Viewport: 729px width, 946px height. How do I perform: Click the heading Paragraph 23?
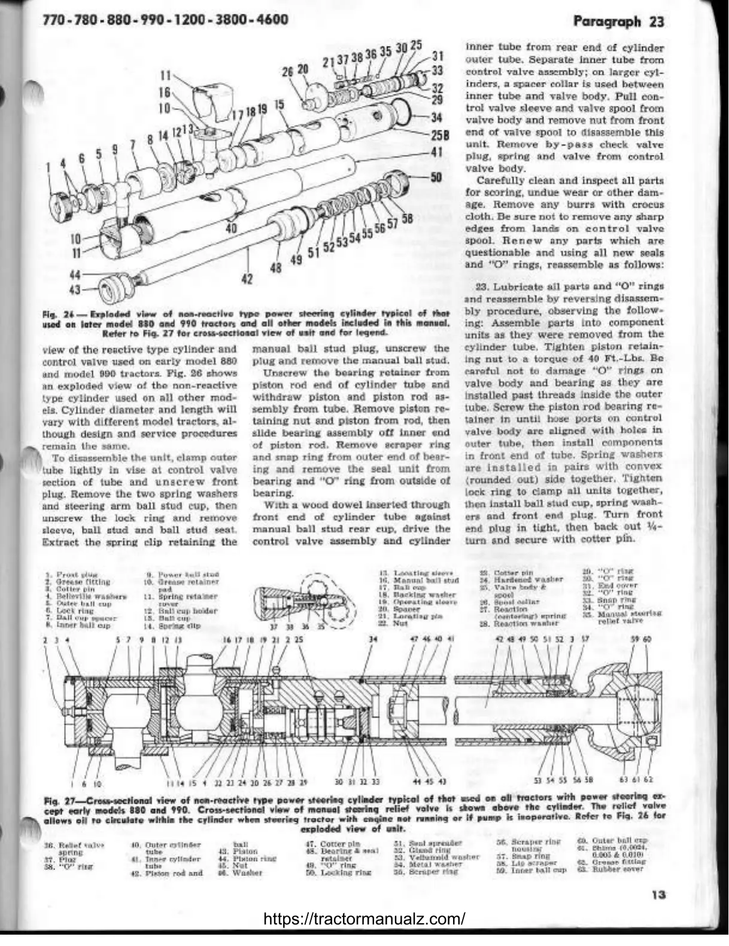point(618,22)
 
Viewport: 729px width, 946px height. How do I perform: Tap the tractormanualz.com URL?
point(364,918)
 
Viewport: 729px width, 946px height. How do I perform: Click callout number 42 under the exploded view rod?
point(247,279)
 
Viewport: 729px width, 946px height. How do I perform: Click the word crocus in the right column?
point(647,205)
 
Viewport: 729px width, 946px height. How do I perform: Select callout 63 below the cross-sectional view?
point(622,780)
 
